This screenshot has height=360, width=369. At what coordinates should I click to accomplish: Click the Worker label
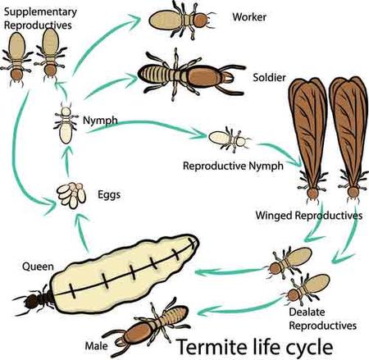pos(249,17)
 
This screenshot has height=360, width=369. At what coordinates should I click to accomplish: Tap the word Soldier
pos(269,78)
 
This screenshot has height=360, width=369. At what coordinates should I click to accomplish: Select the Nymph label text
pos(100,121)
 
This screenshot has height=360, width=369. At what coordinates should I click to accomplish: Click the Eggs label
pos(109,195)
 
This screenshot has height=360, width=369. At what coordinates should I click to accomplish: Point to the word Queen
pos(38,267)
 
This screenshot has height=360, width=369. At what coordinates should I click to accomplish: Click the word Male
pos(97,346)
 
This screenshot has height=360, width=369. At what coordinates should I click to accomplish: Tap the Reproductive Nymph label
pos(233,166)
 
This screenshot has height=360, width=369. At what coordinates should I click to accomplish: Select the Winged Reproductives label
pos(309,216)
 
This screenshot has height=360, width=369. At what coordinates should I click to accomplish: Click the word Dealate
pos(307,312)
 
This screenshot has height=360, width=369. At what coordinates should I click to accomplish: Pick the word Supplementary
pos(40,12)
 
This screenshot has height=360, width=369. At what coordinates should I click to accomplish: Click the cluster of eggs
pos(71,195)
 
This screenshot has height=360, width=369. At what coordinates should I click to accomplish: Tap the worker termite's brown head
pos(200,21)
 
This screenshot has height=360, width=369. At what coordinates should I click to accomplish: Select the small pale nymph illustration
pos(66,124)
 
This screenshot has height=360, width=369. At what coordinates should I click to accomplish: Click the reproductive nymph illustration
pos(230,139)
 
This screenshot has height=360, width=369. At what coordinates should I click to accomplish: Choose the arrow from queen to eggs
pos(83,232)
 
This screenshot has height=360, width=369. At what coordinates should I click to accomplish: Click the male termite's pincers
pos(120,342)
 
